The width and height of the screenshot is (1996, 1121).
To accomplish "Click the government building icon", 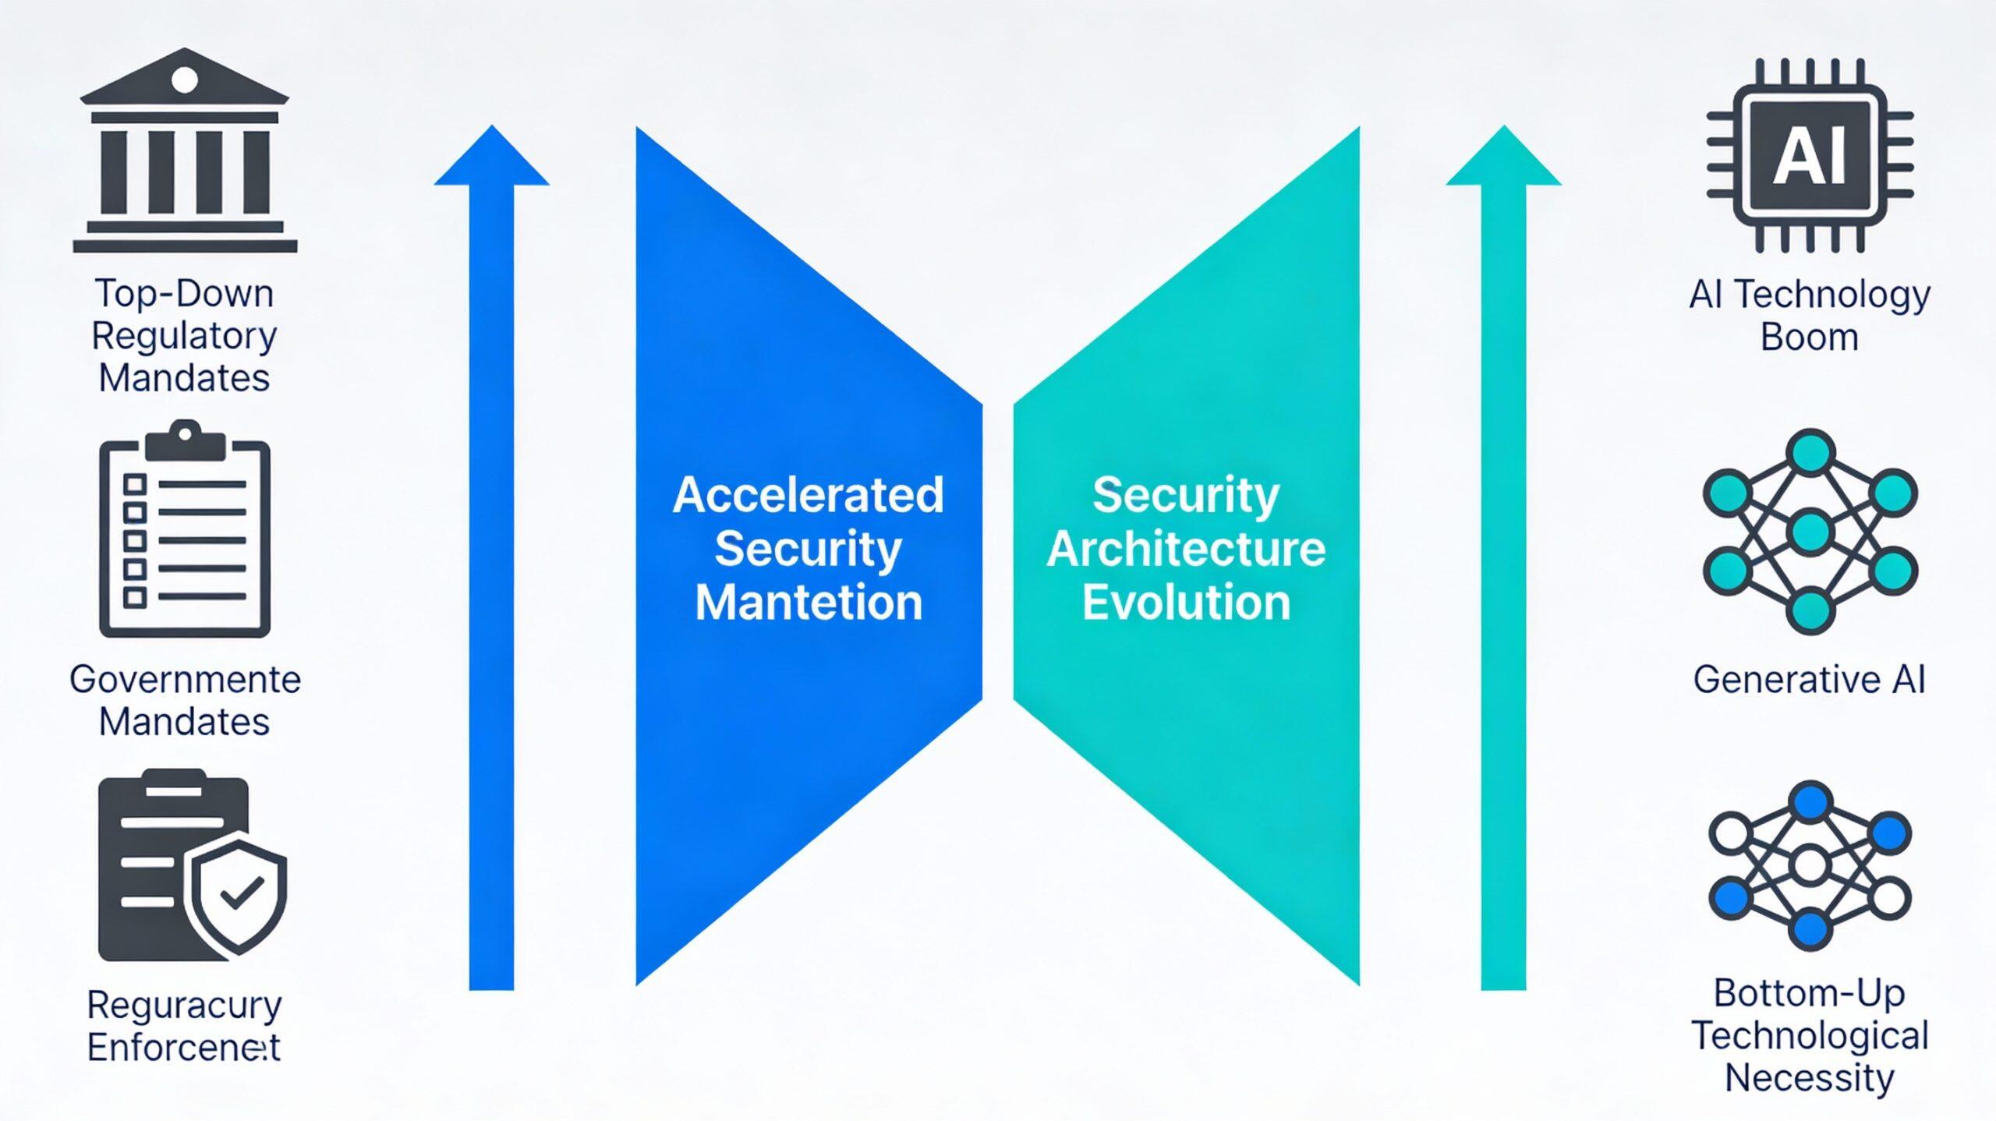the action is coord(185,151).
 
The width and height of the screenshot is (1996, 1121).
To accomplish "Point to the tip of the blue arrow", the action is coord(491,128).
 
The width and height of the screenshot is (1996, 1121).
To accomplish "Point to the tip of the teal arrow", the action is coord(1503,128).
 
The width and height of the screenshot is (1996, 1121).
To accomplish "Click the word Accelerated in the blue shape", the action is coord(808,495).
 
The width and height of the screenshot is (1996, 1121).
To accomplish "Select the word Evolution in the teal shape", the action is coord(1186,603).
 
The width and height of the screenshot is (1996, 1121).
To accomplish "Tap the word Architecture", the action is coord(1186,549).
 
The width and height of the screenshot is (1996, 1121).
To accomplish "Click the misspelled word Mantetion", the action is coord(808,603).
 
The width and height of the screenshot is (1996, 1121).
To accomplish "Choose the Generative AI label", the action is coord(1809,679).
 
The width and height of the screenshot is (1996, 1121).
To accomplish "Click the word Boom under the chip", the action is coord(1809,338).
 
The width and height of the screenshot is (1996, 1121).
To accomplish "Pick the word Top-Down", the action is coord(185,294).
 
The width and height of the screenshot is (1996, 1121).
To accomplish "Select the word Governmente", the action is coord(185,679).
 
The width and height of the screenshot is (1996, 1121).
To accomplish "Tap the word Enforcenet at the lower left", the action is coord(183,1047).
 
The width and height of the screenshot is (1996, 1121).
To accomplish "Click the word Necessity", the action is coord(1809,1078).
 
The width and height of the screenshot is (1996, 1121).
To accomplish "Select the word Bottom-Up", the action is coord(1809,993).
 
